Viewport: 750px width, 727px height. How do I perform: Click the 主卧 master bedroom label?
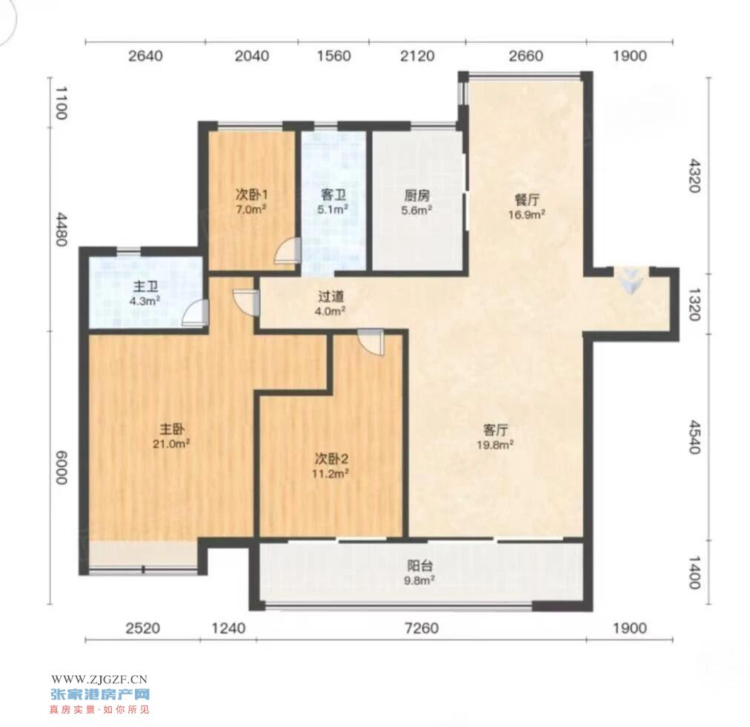point(172,428)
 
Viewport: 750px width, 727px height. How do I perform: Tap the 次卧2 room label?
point(331,459)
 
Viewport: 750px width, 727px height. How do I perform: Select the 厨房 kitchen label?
point(417,195)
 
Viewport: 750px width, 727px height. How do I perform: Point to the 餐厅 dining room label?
point(527,199)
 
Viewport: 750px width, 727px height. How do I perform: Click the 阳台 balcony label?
point(420,566)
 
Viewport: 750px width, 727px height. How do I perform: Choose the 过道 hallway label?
point(331,296)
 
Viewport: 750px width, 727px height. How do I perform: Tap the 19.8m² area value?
point(495,445)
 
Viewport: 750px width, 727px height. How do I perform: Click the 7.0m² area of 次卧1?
point(251,209)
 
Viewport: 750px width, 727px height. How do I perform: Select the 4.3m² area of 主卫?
point(145,301)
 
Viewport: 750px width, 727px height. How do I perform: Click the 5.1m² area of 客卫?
point(333,209)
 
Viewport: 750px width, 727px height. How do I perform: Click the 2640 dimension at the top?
point(145,56)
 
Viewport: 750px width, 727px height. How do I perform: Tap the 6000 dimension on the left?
point(62,468)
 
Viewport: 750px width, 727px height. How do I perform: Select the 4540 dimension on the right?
point(694,436)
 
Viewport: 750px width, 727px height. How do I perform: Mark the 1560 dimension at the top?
point(333,56)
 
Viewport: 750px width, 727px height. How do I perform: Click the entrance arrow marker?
point(631,280)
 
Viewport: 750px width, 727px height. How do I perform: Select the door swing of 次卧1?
point(288,251)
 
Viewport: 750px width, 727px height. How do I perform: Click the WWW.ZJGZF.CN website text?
point(99,679)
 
